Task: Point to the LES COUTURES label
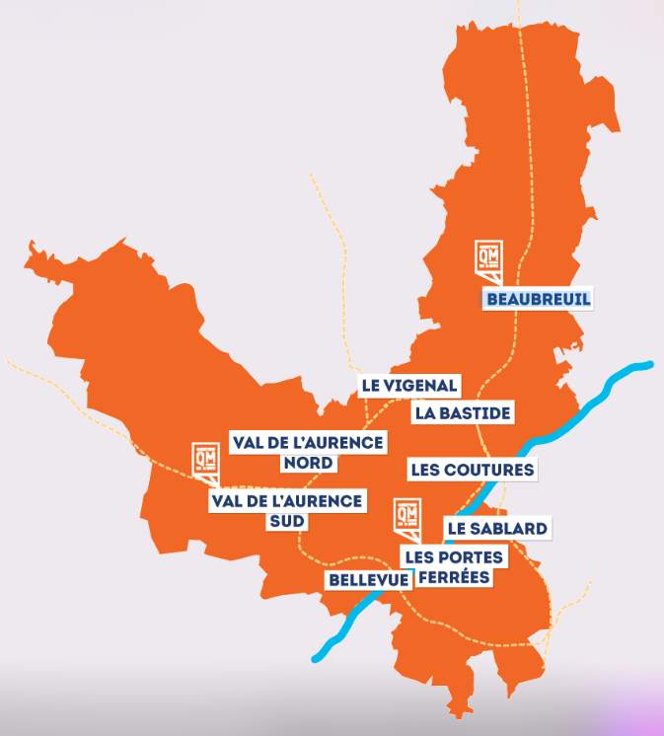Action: [x=472, y=470]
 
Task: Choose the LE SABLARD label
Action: [x=496, y=529]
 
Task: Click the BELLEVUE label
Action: [x=369, y=580]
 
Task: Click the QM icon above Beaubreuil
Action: [x=489, y=258]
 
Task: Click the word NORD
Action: [x=307, y=463]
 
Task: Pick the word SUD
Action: [x=287, y=522]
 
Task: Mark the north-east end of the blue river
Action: [x=649, y=365]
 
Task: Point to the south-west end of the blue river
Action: [x=316, y=657]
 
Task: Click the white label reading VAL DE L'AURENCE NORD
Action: [x=307, y=452]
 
